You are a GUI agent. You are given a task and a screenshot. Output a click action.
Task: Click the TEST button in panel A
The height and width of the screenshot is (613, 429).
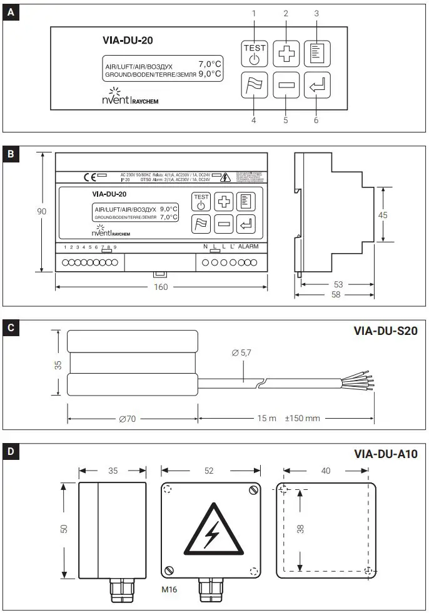coord(254,53)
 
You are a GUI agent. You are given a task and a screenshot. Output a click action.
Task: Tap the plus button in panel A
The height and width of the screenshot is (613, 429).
coord(285,53)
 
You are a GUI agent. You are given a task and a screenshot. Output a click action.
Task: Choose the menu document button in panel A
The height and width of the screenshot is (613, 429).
coord(316,53)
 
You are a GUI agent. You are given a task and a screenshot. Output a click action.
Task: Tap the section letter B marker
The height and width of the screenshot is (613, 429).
coord(11,154)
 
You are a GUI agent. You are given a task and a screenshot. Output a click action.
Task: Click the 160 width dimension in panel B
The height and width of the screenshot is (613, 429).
coord(162,287)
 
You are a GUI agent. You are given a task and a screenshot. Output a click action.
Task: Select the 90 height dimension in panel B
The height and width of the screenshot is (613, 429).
coord(41,211)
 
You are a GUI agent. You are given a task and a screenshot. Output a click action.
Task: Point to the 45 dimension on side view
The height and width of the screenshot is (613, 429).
coord(383,214)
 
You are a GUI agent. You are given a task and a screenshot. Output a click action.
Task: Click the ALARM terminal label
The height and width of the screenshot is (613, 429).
coord(248,247)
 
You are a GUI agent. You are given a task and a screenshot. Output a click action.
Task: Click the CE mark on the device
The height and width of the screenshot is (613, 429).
coord(90,177)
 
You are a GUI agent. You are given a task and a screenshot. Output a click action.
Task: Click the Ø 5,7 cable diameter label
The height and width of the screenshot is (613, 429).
coord(241,353)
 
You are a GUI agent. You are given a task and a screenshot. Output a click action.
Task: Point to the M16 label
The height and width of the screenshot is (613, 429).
coord(169,589)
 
